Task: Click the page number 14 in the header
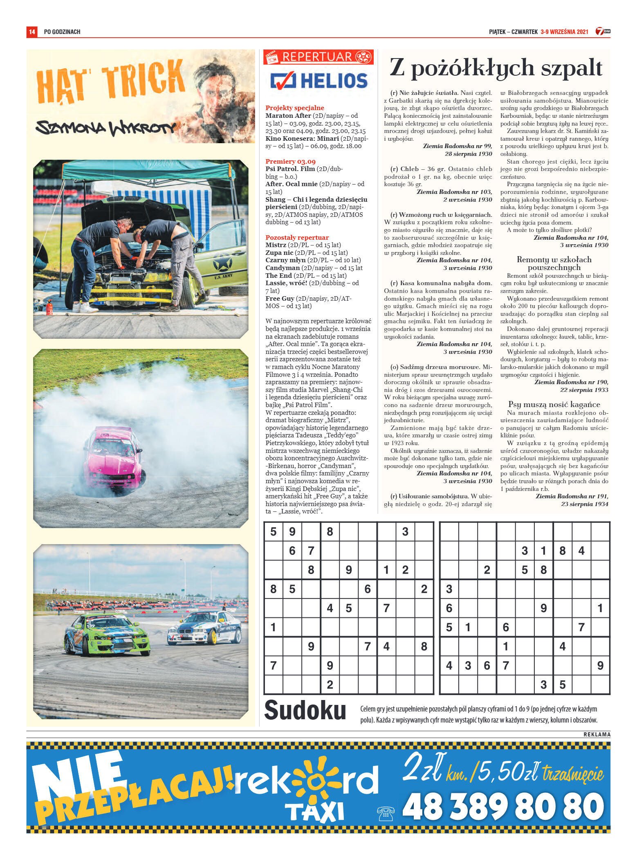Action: click(32, 32)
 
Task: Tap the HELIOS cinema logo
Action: click(319, 81)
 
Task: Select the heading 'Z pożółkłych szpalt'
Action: click(496, 68)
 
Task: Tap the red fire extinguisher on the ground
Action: click(49, 307)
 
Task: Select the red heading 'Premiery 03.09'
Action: click(290, 162)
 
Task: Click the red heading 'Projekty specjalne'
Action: click(294, 108)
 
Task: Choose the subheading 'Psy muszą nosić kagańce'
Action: click(554, 405)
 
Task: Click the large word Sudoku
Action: click(305, 711)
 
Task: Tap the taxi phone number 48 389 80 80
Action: click(503, 806)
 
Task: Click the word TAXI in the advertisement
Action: click(314, 812)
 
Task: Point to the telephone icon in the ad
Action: click(385, 813)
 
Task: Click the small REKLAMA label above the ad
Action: click(597, 734)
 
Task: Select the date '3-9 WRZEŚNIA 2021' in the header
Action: click(564, 32)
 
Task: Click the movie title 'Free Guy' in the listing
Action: click(280, 299)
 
